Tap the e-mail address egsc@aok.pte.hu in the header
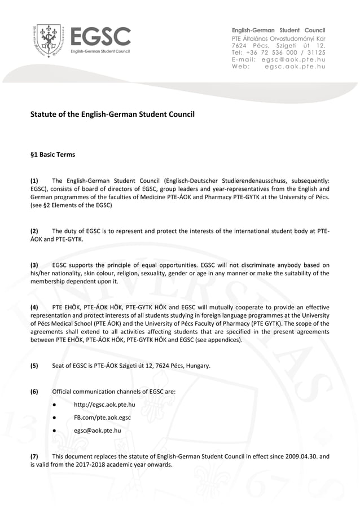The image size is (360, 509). point(295,59)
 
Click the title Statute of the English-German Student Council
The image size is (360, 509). point(112,115)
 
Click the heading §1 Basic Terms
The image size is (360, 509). point(52,154)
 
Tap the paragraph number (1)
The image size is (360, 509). point(34,181)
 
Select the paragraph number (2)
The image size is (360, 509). point(34,231)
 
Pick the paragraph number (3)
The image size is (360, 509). point(34,265)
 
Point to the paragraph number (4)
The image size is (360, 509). point(34,307)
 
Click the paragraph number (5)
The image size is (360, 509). point(34,366)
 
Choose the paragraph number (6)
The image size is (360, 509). point(34,391)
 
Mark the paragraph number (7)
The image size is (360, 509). point(34,456)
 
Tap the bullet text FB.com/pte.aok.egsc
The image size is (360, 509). point(102,418)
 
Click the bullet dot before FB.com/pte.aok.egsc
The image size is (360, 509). point(52,418)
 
